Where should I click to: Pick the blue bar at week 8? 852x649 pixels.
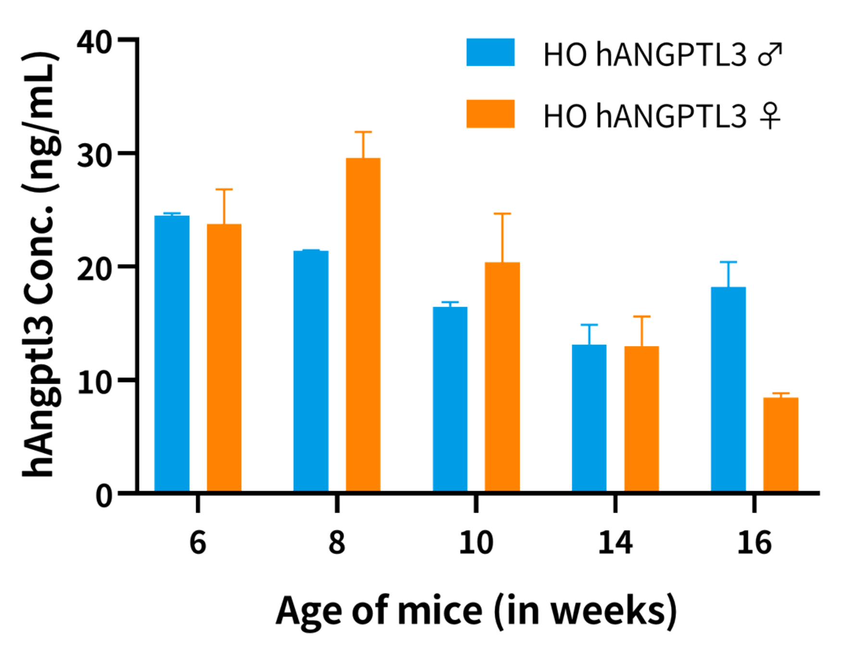[x=311, y=370]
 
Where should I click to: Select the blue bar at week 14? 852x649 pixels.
[x=589, y=417]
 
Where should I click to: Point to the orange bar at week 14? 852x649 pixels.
[x=641, y=418]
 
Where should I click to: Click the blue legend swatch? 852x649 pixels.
[x=490, y=52]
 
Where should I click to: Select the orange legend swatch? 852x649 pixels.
[x=490, y=114]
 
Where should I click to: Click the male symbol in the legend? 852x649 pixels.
[x=770, y=54]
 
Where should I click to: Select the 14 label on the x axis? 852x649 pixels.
[x=615, y=543]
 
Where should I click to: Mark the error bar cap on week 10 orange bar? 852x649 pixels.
[x=502, y=213]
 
